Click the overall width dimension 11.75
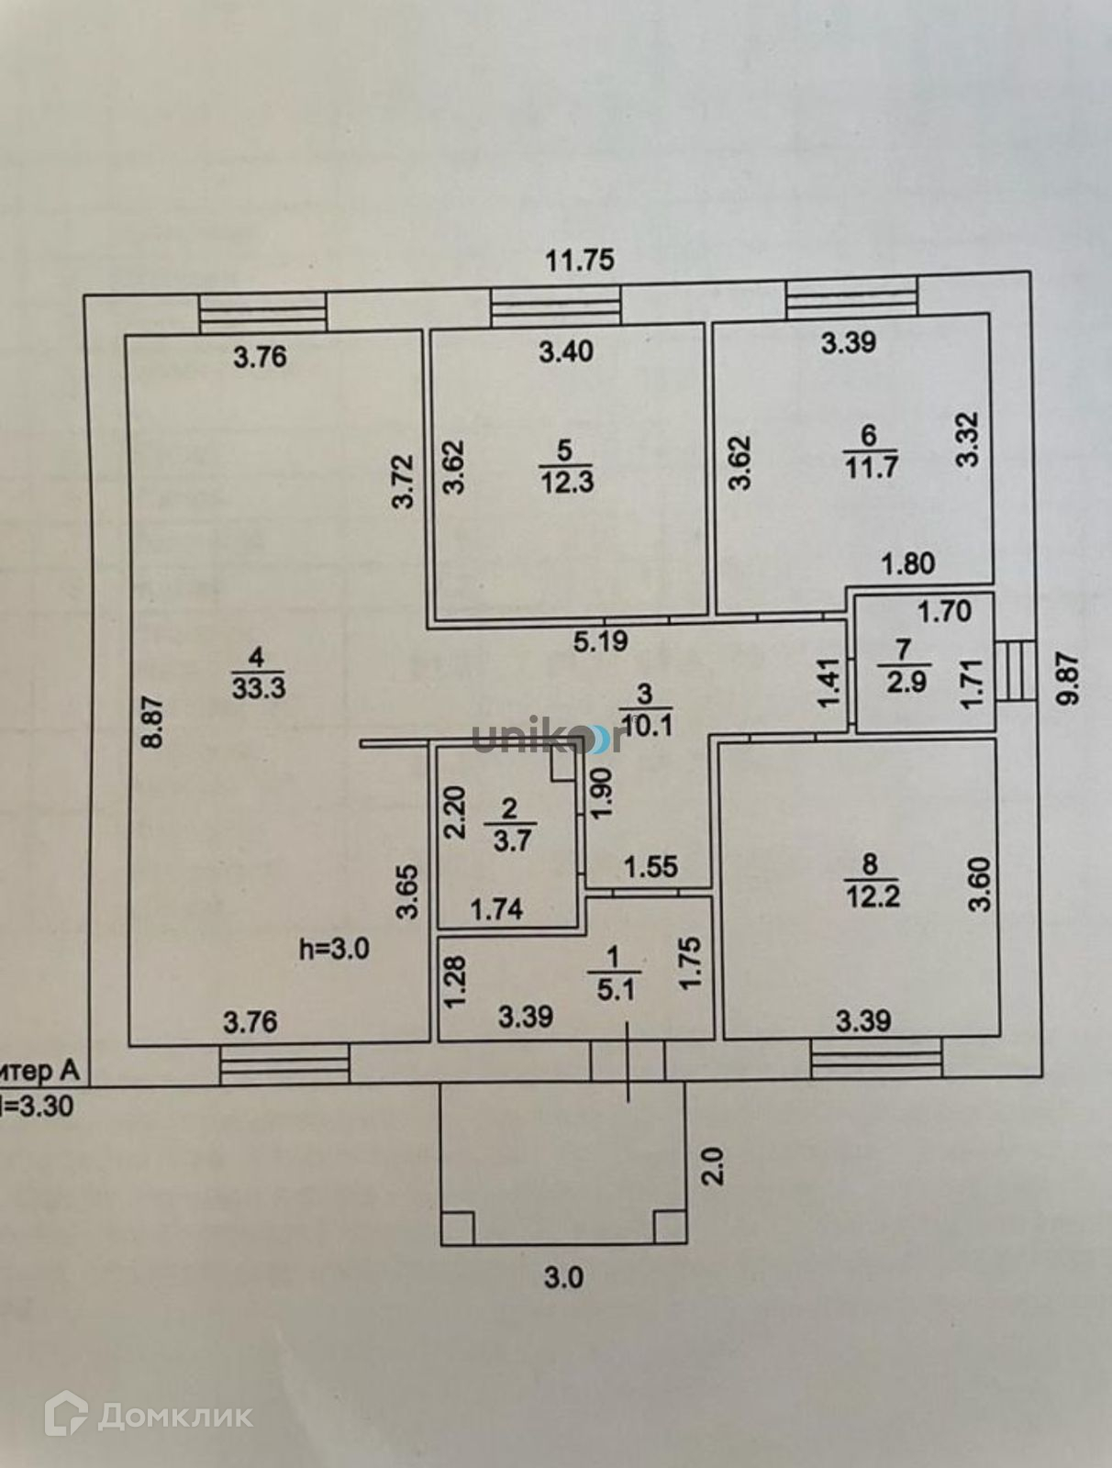coord(580,261)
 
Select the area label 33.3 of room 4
coord(259,688)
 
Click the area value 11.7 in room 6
coord(871,467)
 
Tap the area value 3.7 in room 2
coord(512,839)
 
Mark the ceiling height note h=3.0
coord(335,949)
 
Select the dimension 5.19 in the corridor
coord(601,640)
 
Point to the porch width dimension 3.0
coord(563,1277)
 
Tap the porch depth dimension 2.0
coord(714,1167)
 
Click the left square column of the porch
coord(458,1227)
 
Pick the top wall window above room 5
coord(555,307)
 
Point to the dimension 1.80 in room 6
coord(908,562)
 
